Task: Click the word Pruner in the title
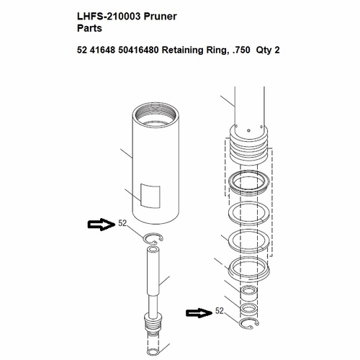(161, 15)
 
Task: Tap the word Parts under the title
(90, 30)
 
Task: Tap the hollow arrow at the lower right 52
(198, 312)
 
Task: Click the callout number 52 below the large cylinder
(122, 224)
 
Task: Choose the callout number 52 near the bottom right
(220, 312)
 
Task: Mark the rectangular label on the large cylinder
(150, 194)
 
